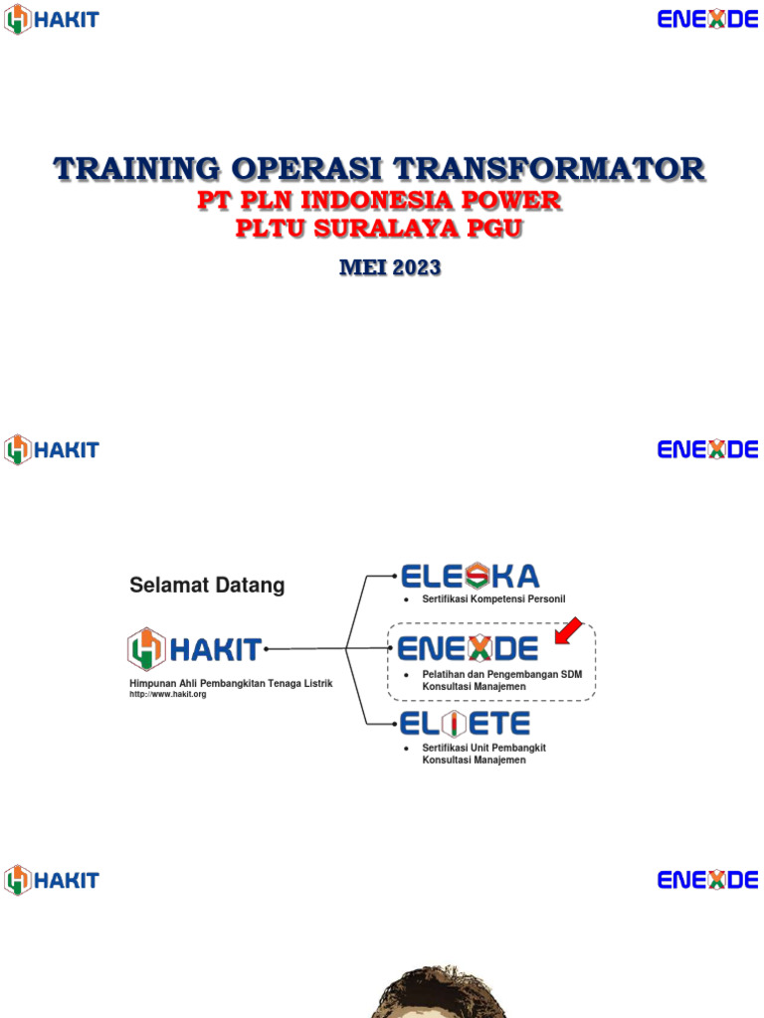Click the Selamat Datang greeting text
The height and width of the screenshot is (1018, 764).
coord(207,586)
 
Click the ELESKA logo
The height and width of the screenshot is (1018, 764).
coord(470,576)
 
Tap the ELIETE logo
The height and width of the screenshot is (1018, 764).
coord(464,723)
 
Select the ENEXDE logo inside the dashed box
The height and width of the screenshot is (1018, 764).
coord(468,649)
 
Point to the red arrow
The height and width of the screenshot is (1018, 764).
coord(568,630)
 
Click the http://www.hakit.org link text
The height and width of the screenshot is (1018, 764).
coord(167,694)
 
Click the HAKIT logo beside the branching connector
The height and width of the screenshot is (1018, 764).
coord(195,650)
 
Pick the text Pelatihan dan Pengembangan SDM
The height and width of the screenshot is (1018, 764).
coord(501,675)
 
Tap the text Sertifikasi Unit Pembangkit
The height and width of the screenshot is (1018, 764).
coord(483,748)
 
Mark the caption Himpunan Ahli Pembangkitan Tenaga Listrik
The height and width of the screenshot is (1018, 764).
coord(231,683)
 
